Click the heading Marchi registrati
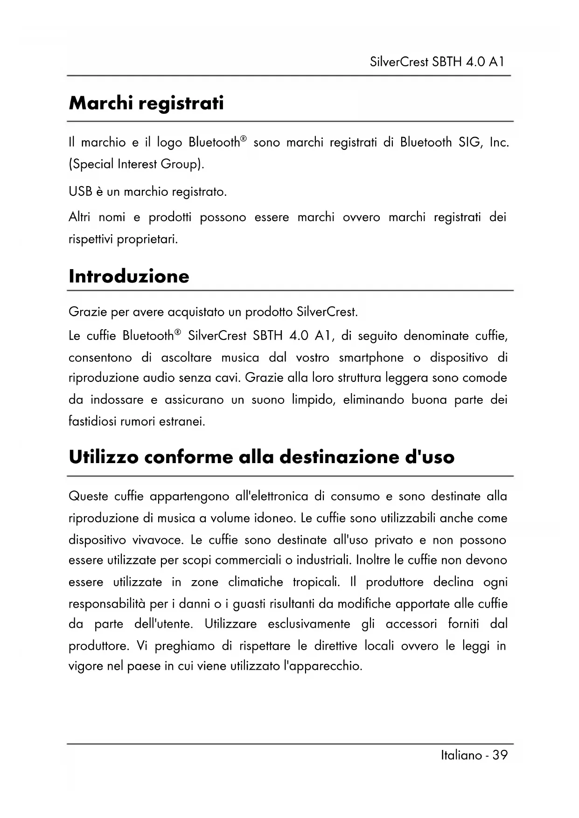146,104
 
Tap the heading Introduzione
129,276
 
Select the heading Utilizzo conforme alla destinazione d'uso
261,457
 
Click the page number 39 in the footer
500,755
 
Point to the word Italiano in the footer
461,755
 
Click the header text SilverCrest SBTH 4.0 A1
437,62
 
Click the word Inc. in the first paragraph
499,142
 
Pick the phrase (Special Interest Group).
136,165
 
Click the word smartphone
371,358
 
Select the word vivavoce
158,540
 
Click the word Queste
87,496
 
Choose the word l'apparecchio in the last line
323,666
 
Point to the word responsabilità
107,604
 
